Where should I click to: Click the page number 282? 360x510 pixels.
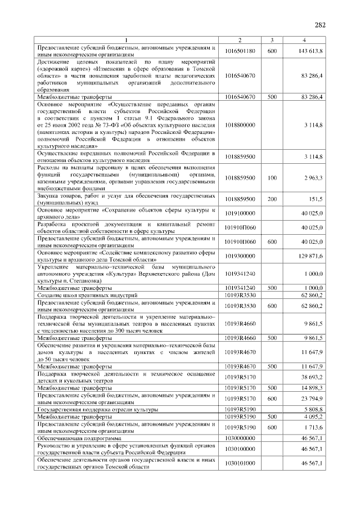point(320,24)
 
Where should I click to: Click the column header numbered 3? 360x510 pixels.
point(272,40)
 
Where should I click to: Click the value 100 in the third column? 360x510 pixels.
point(272,178)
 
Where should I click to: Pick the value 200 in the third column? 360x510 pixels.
point(272,199)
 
